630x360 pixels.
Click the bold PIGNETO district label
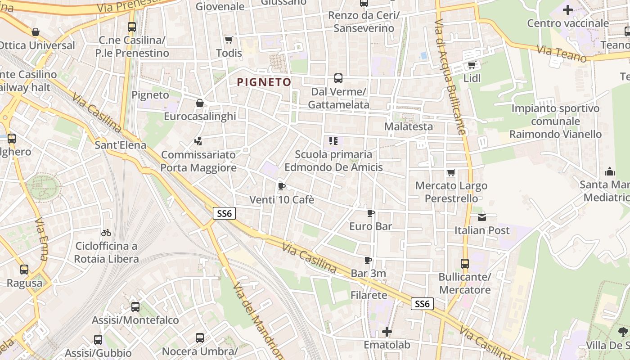click(264, 82)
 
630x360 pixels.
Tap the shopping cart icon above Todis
click(229, 40)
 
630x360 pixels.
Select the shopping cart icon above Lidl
click(472, 65)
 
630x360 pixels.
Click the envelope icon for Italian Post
click(482, 217)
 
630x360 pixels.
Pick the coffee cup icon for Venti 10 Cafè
click(282, 186)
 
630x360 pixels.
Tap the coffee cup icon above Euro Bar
click(371, 213)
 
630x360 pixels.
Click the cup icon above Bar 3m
click(368, 260)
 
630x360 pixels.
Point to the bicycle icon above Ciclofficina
click(106, 233)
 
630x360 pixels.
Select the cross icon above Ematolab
click(387, 332)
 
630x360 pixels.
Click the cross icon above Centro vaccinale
click(568, 9)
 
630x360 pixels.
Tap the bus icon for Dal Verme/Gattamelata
click(338, 78)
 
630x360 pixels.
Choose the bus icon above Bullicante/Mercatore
click(465, 264)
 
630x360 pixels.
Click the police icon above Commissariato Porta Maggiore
click(198, 141)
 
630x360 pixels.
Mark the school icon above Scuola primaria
click(333, 141)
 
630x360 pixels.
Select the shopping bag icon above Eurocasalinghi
click(200, 103)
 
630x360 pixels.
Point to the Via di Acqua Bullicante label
click(450, 76)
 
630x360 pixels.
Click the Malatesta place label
click(409, 126)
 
